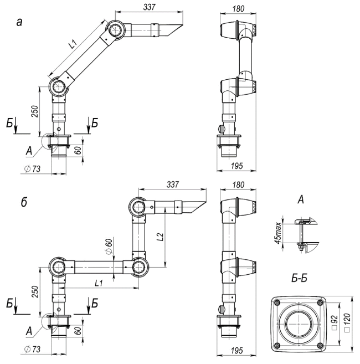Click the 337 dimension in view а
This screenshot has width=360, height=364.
(149, 7)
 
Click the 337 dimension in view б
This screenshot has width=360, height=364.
(173, 184)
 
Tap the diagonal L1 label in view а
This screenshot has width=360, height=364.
(73, 44)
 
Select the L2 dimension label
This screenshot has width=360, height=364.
(161, 237)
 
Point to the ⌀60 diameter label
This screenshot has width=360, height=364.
(109, 246)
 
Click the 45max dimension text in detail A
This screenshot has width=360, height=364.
(278, 233)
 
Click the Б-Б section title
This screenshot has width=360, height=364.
(300, 278)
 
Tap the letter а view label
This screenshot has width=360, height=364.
(19, 23)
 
